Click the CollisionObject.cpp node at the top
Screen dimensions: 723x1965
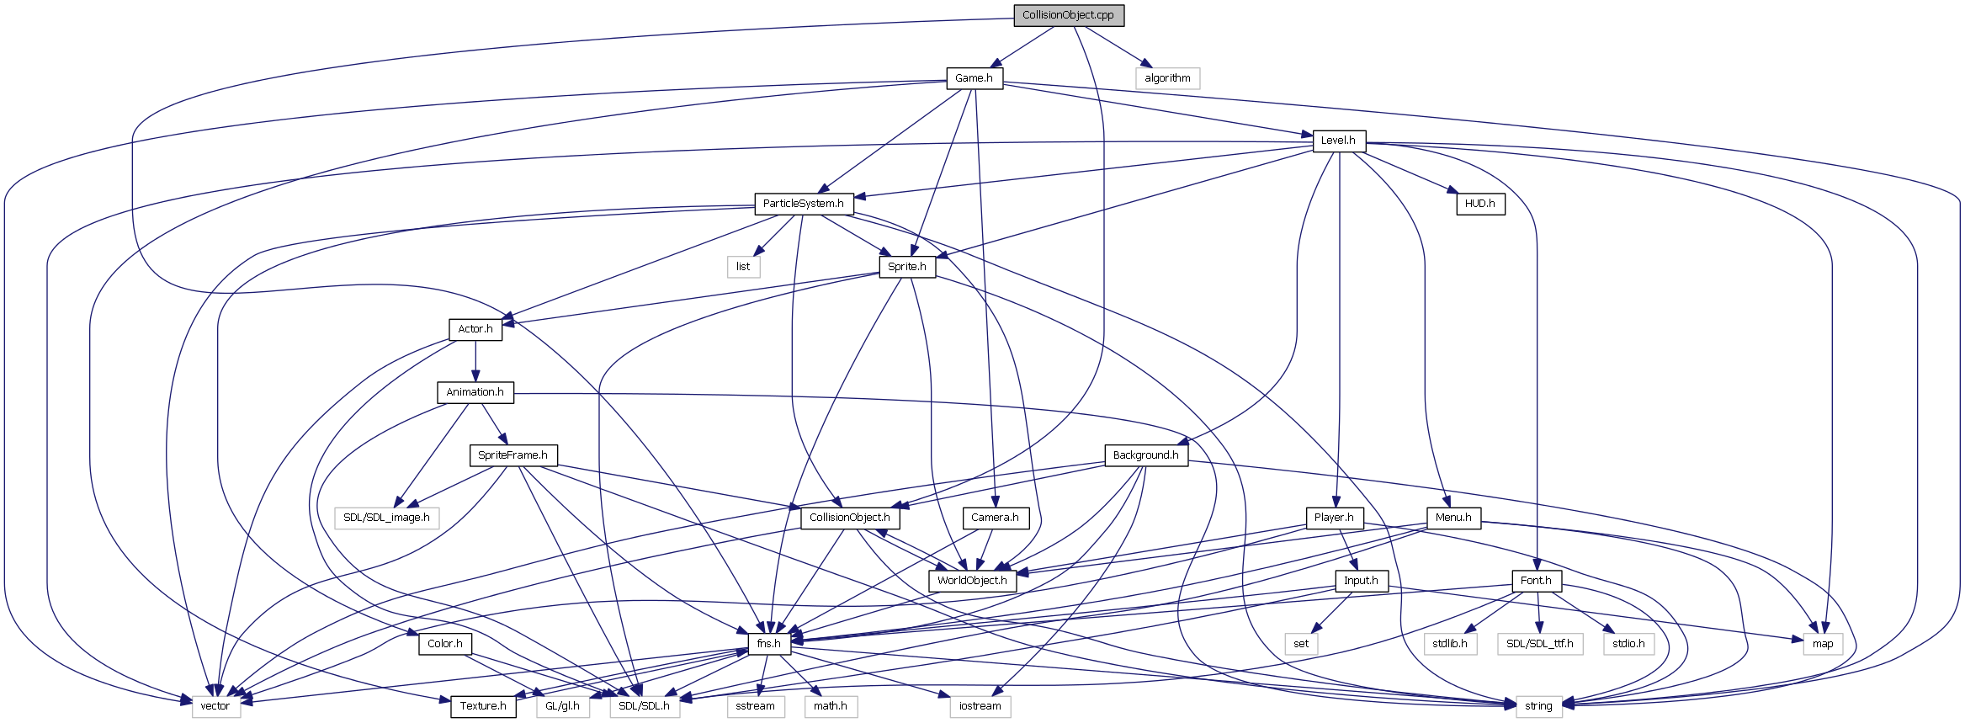point(1068,15)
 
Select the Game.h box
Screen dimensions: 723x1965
point(974,78)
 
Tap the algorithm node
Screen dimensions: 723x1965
point(1167,78)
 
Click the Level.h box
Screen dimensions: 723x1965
point(1338,141)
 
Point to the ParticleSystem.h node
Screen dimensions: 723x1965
point(803,204)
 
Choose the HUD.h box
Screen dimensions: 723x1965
point(1479,204)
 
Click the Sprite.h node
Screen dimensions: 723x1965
point(906,267)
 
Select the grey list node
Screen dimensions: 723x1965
point(743,267)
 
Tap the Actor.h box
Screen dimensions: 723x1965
point(475,329)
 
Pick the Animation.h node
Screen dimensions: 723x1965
point(475,392)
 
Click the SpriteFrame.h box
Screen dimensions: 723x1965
point(512,455)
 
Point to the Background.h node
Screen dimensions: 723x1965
point(1145,455)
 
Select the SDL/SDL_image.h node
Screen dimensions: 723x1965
point(386,518)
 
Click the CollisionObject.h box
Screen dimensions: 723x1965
point(849,518)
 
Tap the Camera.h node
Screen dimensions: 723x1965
point(995,518)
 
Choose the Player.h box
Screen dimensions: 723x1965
point(1334,518)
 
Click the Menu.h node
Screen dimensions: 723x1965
point(1453,518)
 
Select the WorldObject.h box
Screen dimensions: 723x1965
point(972,581)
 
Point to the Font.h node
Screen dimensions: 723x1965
point(1536,581)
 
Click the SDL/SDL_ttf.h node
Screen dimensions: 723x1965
point(1539,644)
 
